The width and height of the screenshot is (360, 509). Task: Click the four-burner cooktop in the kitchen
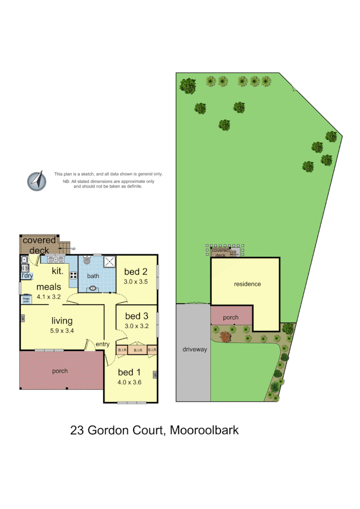point(74,276)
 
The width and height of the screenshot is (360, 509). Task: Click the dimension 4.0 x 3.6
point(129,382)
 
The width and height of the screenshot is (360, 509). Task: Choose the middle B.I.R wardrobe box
point(137,351)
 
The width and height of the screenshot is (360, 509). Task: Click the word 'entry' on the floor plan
point(102,344)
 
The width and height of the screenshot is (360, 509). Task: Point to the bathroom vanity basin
point(92,289)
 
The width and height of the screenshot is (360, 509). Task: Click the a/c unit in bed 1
point(155,375)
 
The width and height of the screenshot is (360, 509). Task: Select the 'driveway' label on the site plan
point(195,350)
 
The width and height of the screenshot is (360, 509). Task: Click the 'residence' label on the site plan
point(247,284)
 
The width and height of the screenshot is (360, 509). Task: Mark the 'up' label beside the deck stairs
point(74,249)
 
